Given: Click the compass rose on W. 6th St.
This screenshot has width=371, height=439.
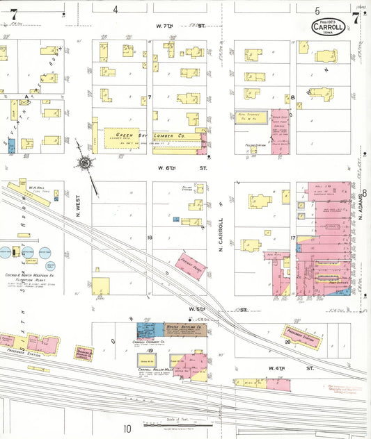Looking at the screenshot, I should pyautogui.click(x=85, y=163).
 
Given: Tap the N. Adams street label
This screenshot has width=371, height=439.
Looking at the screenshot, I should pyautogui.click(x=363, y=206).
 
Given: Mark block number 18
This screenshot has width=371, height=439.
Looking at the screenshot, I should pyautogui.click(x=149, y=238).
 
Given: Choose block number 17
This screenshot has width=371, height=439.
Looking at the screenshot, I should pyautogui.click(x=293, y=238).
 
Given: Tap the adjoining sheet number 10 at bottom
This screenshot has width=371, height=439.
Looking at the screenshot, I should pyautogui.click(x=128, y=429).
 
